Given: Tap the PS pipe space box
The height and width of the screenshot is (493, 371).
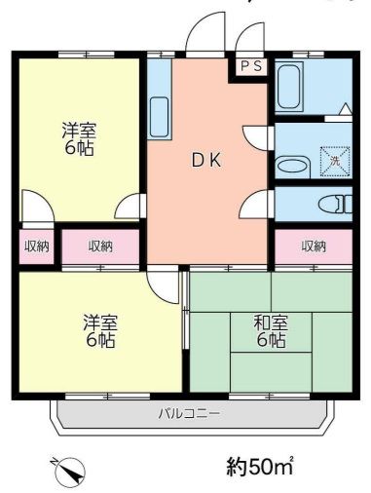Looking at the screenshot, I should tap(250, 66).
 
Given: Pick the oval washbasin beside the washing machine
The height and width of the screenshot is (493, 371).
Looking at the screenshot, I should tap(291, 166).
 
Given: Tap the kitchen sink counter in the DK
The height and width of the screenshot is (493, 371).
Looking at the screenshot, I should tap(159, 117).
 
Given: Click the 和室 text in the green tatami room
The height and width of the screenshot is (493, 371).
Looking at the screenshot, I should tap(270, 322).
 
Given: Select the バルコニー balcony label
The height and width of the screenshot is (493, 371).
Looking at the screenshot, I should tap(189, 413).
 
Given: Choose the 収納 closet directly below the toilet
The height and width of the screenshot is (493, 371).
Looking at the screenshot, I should tap(313, 246).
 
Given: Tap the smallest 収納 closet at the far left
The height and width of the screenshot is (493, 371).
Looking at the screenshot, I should tap(36, 246).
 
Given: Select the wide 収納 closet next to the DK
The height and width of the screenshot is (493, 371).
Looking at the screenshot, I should tap(101, 246).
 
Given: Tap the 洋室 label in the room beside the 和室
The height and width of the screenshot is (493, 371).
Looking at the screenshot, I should tap(97, 322).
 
